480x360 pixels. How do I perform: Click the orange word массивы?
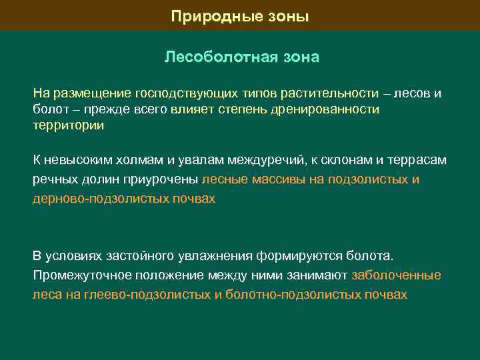pyautogui.click(x=279, y=179)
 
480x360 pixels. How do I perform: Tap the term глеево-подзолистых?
pyautogui.click(x=147, y=295)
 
